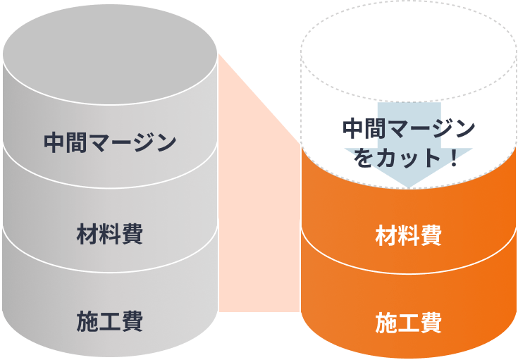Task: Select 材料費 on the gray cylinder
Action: click(x=109, y=233)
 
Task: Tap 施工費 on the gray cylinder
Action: click(x=109, y=321)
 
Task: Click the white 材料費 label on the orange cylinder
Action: click(x=408, y=235)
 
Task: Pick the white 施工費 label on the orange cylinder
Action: click(x=408, y=323)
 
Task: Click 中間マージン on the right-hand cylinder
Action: click(x=408, y=129)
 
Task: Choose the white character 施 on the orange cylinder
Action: click(x=386, y=323)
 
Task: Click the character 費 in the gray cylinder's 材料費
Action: click(x=132, y=233)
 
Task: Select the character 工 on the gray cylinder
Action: click(x=109, y=321)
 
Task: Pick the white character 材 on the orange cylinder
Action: click(x=386, y=235)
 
